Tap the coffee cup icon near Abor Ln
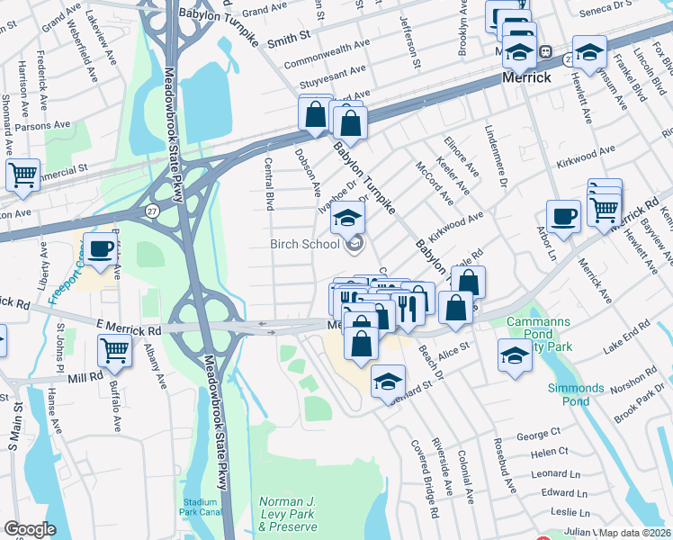tap(564, 217)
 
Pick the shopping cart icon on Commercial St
tap(22, 175)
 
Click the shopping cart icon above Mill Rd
tap(114, 350)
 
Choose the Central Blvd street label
tap(268, 184)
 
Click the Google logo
tap(30, 529)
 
